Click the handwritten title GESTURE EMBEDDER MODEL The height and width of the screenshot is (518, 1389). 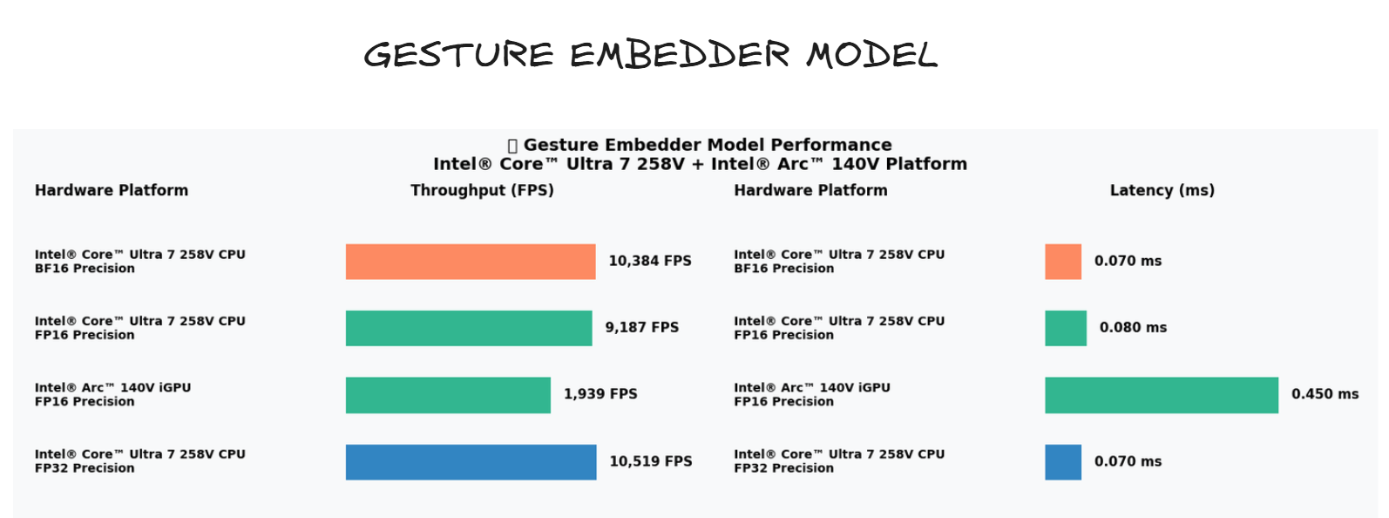(650, 55)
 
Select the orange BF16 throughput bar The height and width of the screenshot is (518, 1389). (471, 262)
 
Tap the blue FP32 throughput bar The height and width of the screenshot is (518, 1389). (471, 462)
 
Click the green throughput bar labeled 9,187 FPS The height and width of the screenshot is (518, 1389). (469, 328)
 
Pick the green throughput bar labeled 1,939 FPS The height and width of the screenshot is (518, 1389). (448, 395)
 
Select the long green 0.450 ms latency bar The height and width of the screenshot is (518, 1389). (1162, 395)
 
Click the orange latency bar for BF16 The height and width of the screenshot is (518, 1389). (1063, 262)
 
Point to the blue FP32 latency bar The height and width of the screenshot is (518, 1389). (1063, 462)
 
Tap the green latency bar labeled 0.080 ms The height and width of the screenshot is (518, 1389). (1066, 328)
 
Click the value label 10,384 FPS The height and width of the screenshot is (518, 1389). (650, 261)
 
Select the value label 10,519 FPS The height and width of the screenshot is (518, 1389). (651, 461)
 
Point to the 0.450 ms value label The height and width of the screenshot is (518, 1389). (1325, 394)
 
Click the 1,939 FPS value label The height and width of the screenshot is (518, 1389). (600, 394)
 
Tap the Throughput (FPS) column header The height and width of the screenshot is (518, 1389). (482, 190)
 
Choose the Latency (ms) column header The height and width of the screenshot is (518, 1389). (1162, 190)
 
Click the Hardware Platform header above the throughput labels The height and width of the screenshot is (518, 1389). (112, 190)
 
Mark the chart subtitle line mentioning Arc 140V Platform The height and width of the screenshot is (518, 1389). (700, 164)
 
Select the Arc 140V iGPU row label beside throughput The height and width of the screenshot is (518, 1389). (112, 394)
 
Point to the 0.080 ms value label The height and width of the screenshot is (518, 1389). (1133, 328)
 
